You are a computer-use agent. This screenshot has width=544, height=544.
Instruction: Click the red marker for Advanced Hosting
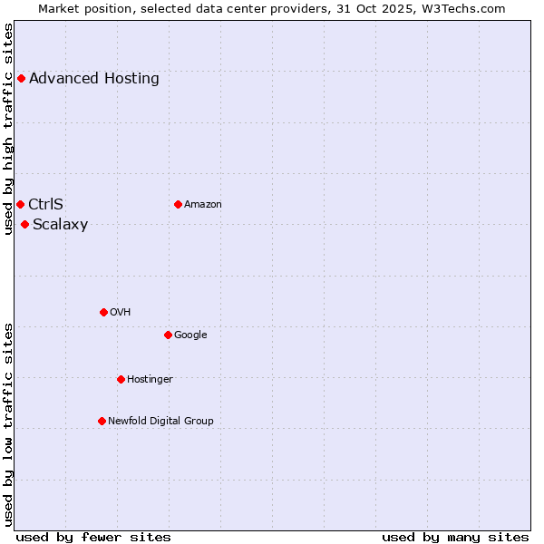(x=21, y=78)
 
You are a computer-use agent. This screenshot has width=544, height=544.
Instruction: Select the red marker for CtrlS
(x=20, y=204)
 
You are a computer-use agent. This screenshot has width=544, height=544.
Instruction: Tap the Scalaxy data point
(x=24, y=224)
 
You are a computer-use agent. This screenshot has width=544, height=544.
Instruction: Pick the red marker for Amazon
(x=178, y=204)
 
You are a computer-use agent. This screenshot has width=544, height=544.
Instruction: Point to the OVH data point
(x=103, y=312)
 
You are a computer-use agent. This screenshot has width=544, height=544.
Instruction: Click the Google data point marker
(x=168, y=335)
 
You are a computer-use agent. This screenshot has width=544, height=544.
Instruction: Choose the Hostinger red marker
(x=121, y=379)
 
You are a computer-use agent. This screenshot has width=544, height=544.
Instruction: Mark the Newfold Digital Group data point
(x=102, y=421)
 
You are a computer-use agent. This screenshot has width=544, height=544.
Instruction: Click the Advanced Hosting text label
(x=94, y=78)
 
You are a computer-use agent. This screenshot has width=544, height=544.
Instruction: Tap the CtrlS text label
(x=45, y=204)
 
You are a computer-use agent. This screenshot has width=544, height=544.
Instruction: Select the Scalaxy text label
(x=60, y=225)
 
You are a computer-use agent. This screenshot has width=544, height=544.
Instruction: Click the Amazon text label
(x=203, y=204)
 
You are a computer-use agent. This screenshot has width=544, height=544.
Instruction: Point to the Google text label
(x=190, y=335)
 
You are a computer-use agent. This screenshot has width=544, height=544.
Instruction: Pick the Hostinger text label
(x=150, y=379)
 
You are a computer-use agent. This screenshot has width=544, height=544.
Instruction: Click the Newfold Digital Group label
(x=160, y=421)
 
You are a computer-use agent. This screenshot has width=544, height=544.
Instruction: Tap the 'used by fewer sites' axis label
(x=93, y=537)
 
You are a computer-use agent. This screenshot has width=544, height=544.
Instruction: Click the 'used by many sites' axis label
(x=455, y=537)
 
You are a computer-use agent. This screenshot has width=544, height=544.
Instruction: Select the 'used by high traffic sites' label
(x=9, y=129)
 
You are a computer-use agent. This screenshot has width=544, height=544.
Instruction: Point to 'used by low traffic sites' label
(x=9, y=424)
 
